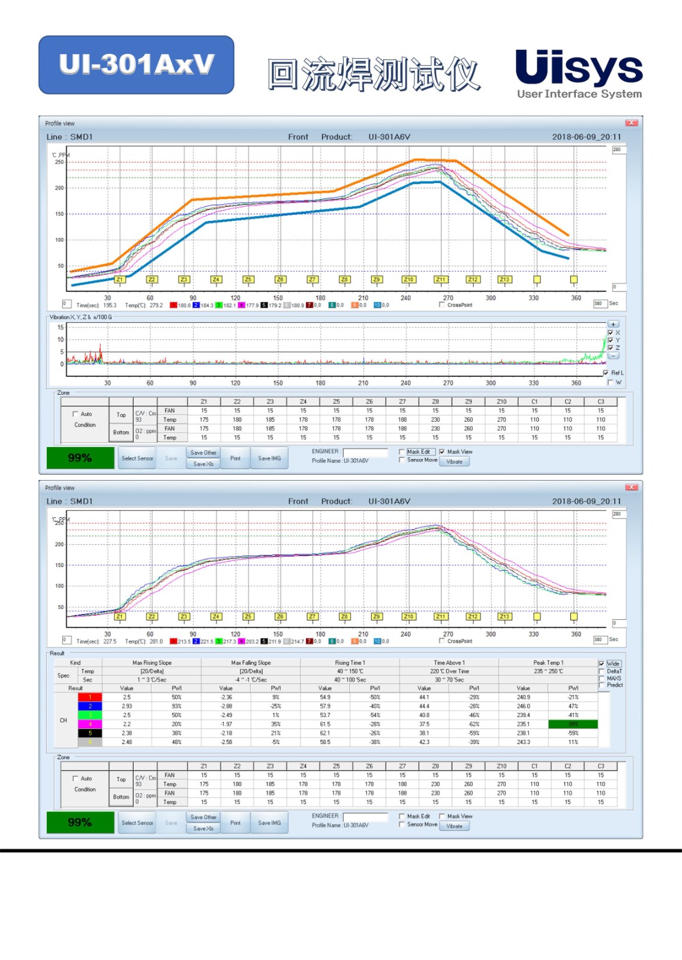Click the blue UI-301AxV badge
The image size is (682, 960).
[136, 65]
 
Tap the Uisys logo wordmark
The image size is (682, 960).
[578, 67]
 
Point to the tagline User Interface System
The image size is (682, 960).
[579, 94]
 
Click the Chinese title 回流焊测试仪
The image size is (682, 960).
[373, 74]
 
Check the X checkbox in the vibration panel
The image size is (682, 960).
[611, 333]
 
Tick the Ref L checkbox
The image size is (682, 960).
[606, 373]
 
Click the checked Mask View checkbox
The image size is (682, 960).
[442, 452]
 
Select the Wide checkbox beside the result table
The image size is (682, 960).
[602, 664]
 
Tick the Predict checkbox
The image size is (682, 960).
[602, 685]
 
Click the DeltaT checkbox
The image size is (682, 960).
[602, 671]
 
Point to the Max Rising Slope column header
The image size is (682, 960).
[152, 663]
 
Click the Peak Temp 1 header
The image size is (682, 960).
[548, 663]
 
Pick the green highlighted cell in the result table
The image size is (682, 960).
[573, 724]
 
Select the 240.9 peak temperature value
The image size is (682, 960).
[523, 697]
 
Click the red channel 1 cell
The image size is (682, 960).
[90, 697]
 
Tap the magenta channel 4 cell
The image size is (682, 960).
[90, 724]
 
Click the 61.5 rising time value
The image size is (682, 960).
[325, 724]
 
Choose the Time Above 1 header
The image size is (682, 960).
[449, 663]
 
